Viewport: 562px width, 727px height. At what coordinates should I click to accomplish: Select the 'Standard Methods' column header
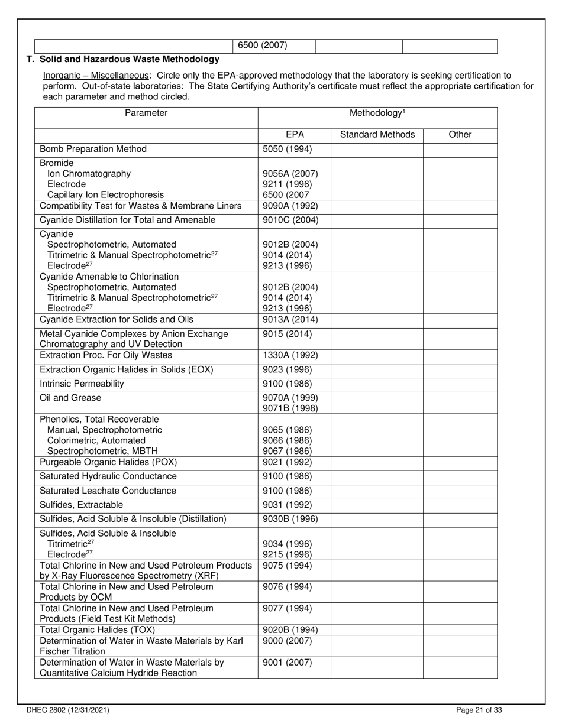click(377, 134)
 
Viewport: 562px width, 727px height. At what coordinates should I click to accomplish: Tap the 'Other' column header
click(460, 134)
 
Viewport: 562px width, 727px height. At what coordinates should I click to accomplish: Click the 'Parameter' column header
click(146, 113)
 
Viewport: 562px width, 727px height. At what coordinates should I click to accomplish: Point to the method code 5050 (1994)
click(287, 149)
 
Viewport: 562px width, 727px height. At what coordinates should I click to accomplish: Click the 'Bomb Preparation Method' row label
click(93, 149)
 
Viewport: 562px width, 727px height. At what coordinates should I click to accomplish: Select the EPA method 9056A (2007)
click(290, 174)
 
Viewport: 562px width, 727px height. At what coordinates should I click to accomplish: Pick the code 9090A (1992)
click(290, 206)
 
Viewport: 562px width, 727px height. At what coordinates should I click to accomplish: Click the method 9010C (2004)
click(290, 220)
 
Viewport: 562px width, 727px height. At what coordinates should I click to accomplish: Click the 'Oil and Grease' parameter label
click(70, 398)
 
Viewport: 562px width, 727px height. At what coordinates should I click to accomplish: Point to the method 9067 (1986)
click(287, 451)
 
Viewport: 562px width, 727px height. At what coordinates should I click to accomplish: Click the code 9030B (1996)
click(290, 519)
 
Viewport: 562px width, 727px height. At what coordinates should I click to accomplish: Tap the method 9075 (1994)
click(287, 566)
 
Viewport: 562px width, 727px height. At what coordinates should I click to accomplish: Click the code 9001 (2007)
click(287, 663)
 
